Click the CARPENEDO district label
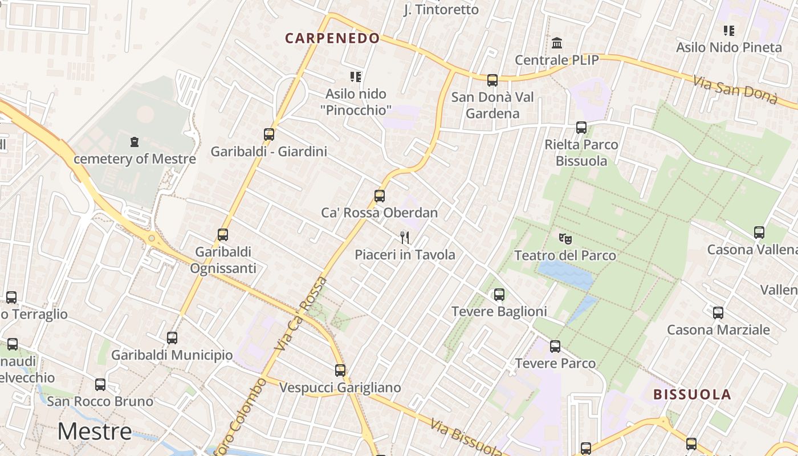[x=332, y=38]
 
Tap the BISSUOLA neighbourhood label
[x=692, y=394]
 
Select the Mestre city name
[x=95, y=431]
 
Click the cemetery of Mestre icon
[x=135, y=142]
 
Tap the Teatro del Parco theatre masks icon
[x=565, y=238]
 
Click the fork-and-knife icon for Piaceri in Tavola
[x=405, y=237]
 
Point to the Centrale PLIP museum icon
[x=557, y=43]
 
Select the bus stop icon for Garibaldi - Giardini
[x=269, y=135]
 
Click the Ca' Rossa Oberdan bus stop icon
[x=380, y=196]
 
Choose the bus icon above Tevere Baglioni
[x=499, y=295]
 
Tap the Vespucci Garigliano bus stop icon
[x=340, y=370]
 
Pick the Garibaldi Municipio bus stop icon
[x=172, y=338]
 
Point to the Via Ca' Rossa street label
[x=300, y=313]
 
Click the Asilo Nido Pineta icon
[x=729, y=30]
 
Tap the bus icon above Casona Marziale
[x=718, y=312]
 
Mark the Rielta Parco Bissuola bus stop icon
[x=581, y=128]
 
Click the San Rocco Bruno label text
[x=100, y=401]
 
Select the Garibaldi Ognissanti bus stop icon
[x=223, y=235]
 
